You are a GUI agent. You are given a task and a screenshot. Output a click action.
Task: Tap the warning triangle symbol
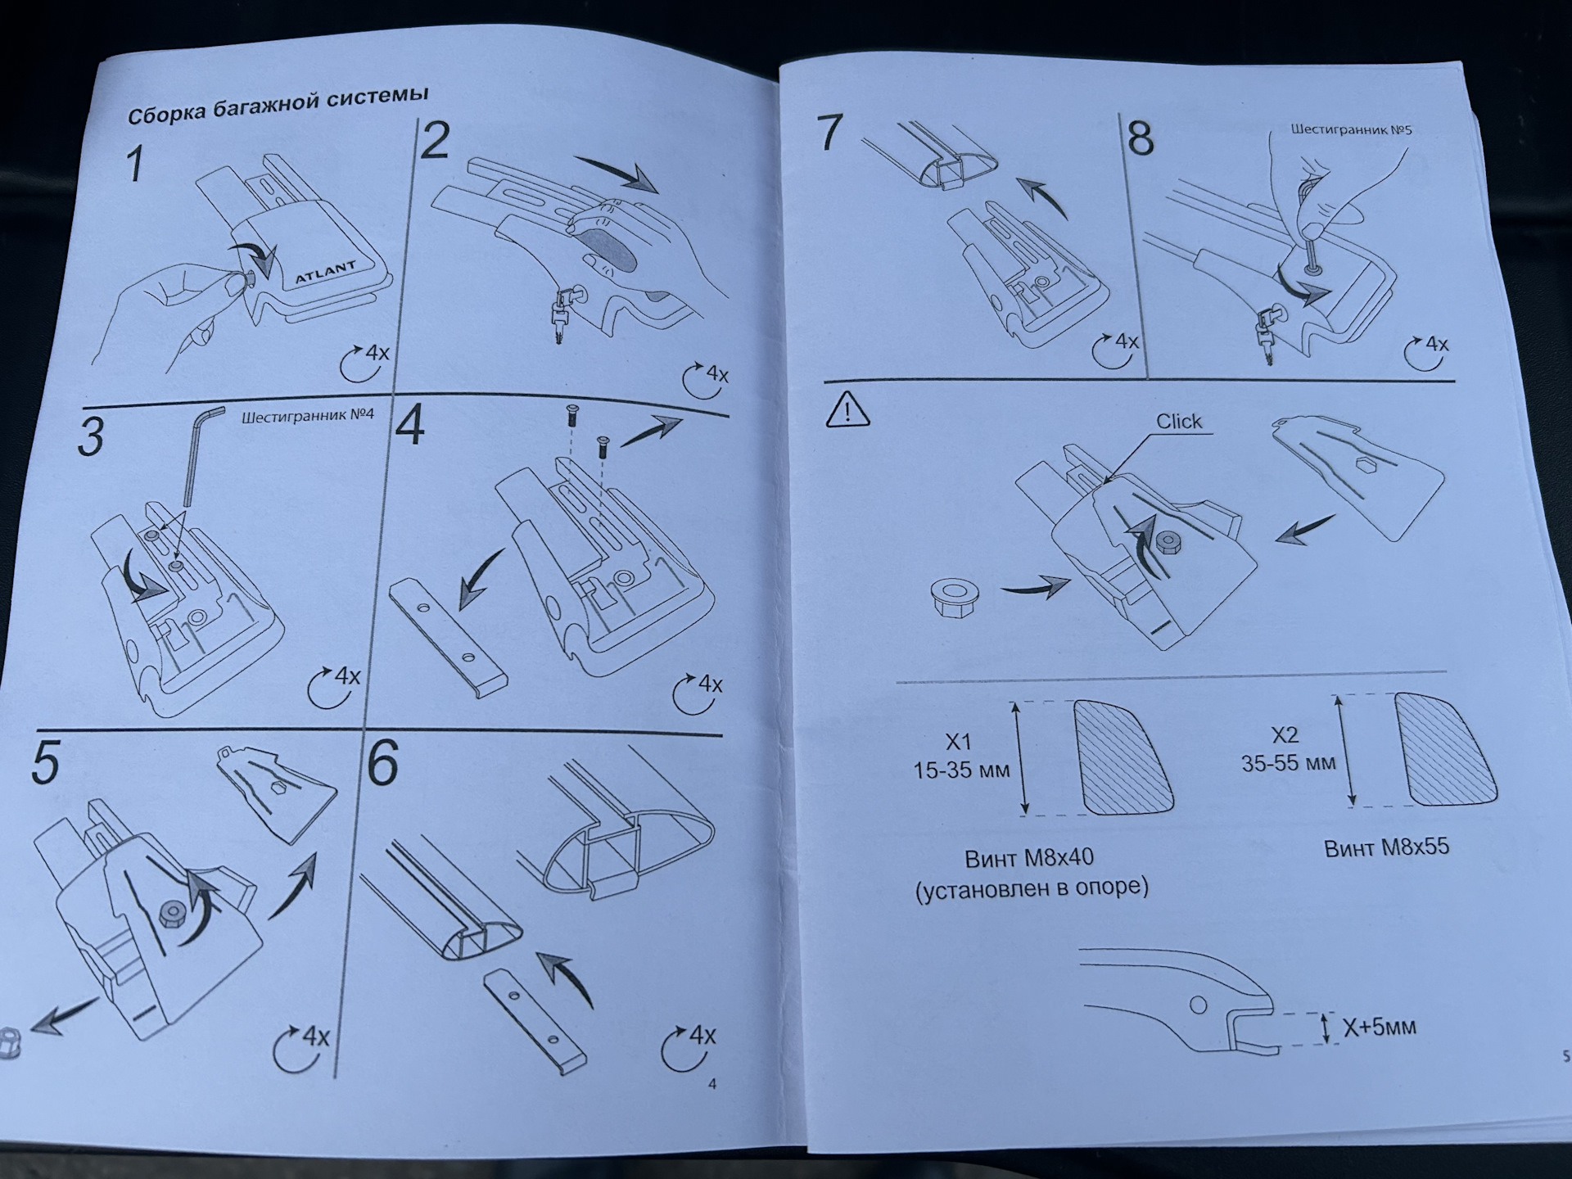tap(847, 409)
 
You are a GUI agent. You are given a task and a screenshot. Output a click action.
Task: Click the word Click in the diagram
tap(1178, 421)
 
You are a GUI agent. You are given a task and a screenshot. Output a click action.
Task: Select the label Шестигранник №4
tap(307, 416)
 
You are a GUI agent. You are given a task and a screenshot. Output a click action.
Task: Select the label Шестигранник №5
tap(1351, 129)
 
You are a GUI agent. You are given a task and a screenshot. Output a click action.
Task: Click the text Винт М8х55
tap(1386, 847)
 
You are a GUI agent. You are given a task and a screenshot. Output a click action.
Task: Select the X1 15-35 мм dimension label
tap(960, 756)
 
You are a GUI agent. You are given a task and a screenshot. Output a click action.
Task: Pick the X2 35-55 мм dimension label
tap(1288, 748)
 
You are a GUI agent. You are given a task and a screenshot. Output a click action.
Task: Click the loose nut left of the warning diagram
tap(951, 597)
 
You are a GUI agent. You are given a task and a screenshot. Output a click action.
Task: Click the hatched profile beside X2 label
tap(1444, 749)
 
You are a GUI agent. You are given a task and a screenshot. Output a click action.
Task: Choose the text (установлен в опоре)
tap(1032, 888)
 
